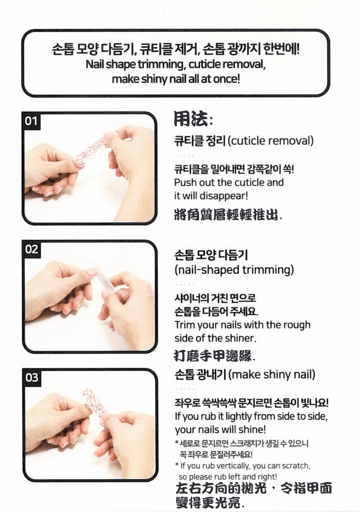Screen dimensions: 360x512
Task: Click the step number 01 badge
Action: pos(31,121)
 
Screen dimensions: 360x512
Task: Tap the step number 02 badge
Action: pos(32,250)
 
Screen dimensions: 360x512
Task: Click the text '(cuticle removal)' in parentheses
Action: pos(271,141)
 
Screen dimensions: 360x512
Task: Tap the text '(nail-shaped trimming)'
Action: pos(234,270)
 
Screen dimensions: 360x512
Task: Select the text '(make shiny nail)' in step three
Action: pos(272,374)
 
